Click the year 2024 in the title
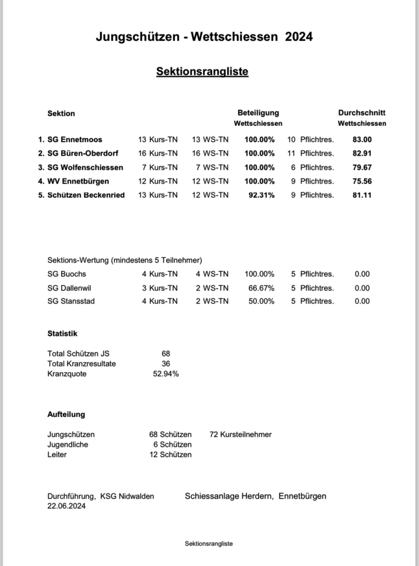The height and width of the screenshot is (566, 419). coord(299,37)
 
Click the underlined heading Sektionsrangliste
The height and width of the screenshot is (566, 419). coord(202,71)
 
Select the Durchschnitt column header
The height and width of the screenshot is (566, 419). coord(362,112)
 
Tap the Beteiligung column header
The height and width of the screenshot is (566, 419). coord(258,112)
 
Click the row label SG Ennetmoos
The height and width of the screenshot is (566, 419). coord(75,140)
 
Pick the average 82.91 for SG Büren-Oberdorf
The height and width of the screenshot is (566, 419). coord(362,154)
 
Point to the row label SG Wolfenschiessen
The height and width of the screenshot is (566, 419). coord(85,168)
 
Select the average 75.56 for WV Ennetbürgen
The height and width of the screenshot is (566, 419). coord(362,182)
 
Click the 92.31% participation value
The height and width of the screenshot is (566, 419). coord(261,196)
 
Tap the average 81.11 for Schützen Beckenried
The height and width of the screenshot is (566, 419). coord(362,196)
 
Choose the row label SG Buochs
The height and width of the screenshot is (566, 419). coord(67,274)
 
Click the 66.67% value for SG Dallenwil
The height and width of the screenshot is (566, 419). coord(261,288)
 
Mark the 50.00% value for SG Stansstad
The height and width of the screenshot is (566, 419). coord(261,301)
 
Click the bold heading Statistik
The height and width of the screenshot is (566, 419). coord(63,334)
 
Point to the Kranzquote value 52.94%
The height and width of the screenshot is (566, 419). coord(166,374)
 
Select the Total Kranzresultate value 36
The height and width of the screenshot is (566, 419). coord(166,363)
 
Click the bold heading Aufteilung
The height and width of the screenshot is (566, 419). coord(66,414)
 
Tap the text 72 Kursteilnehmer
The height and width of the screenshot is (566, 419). coord(241,434)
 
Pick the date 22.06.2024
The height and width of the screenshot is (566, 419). coord(66,506)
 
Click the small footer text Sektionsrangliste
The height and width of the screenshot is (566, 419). coord(209,544)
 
